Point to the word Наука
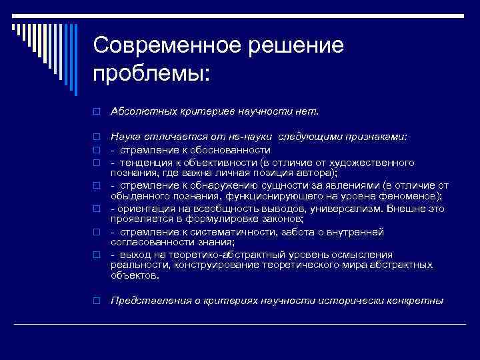click(126, 137)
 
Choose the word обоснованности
click(229, 150)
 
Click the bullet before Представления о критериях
click(96, 301)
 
